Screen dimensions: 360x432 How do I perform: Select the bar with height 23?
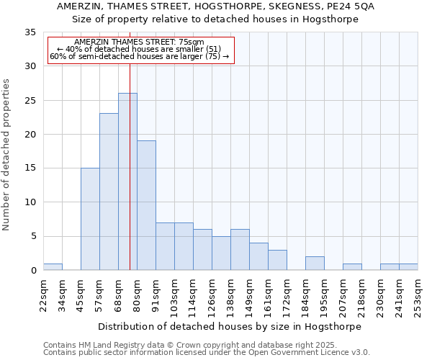coord(109,192)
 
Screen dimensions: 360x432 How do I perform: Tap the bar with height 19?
coord(146,205)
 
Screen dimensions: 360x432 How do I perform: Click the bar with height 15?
coord(90,219)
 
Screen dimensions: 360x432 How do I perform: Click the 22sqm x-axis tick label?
coord(44,294)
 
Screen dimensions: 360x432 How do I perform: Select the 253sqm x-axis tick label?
coord(418,294)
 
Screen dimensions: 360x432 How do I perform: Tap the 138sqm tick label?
coord(231,294)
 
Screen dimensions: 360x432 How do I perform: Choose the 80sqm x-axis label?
coord(138,294)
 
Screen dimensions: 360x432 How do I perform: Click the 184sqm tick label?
coord(306,294)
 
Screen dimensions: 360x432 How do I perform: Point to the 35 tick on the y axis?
coord(30,32)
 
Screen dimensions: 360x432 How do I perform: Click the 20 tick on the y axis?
coord(30,135)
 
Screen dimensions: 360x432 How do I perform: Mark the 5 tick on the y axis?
coord(33,236)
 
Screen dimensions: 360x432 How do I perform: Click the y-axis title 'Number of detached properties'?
coord(7,155)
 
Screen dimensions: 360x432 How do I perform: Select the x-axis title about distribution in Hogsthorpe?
coord(230,326)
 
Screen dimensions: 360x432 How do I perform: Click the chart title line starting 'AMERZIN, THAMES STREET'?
coord(215,6)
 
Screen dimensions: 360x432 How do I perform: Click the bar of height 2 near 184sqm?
coord(315,264)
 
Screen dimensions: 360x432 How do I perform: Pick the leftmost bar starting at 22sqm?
coord(53,267)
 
